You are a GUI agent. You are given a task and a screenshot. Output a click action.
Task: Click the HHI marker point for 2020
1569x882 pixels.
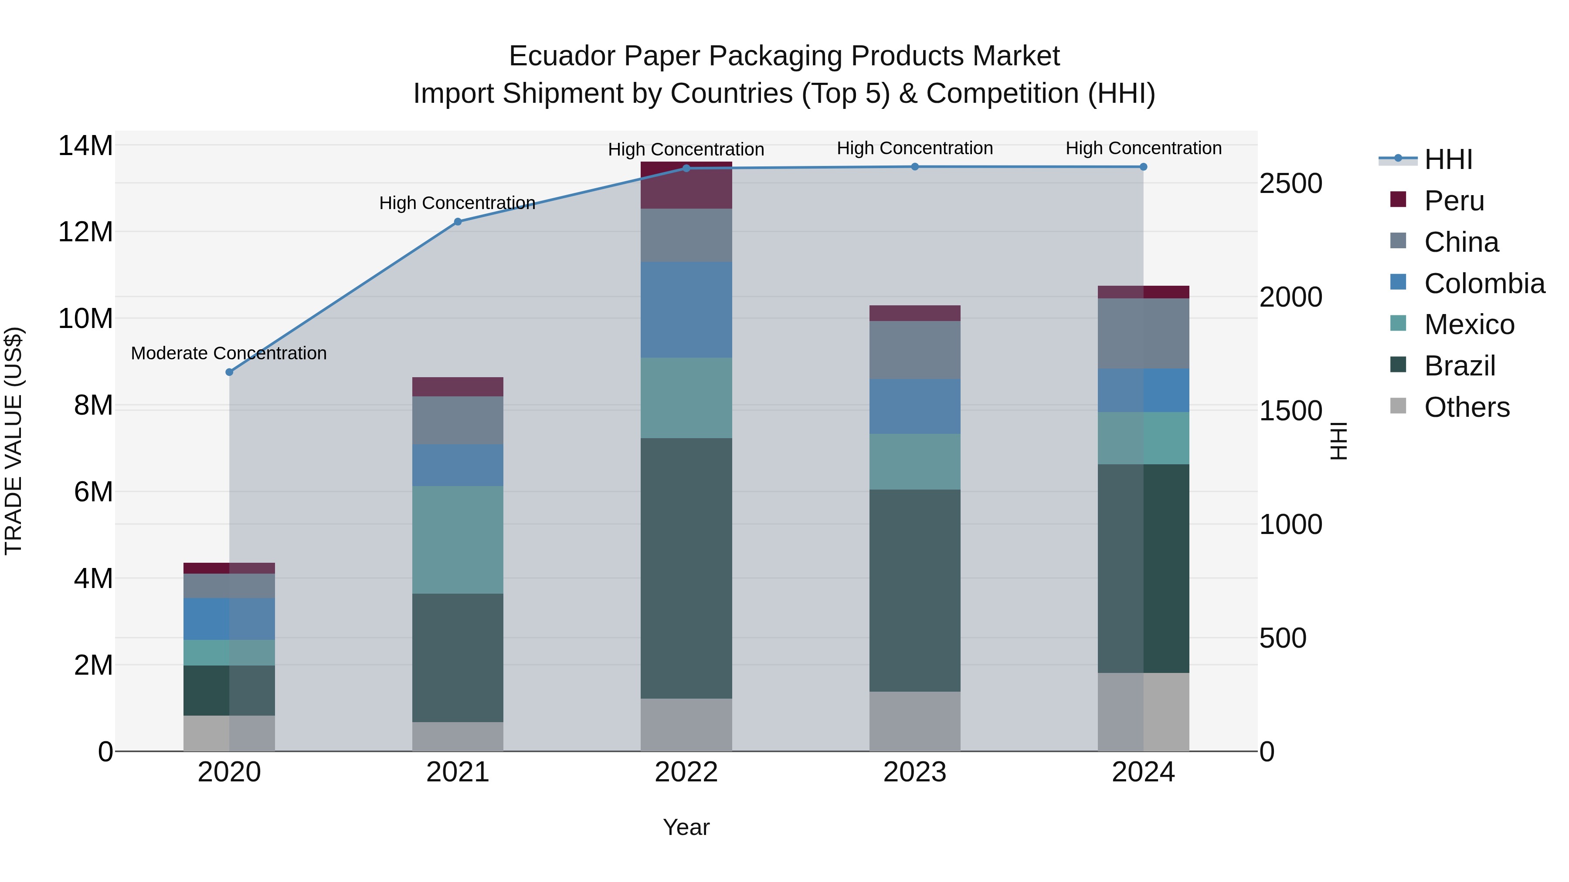(229, 372)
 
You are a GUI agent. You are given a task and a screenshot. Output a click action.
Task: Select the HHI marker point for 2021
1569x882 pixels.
(458, 222)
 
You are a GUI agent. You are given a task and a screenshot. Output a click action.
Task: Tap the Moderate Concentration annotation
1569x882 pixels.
(228, 353)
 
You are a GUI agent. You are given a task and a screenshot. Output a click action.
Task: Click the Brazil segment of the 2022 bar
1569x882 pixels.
(686, 568)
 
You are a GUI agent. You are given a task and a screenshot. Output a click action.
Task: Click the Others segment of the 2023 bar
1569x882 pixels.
(914, 721)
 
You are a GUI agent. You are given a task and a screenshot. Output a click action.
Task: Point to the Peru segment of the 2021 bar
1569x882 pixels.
(458, 386)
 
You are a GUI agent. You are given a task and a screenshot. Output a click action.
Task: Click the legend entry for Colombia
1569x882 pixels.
(1484, 284)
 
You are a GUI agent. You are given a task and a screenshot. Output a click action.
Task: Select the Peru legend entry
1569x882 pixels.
(1454, 201)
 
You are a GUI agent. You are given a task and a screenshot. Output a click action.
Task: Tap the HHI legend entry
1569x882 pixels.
(1448, 159)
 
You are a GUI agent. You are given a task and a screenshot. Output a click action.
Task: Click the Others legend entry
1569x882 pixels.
(1466, 407)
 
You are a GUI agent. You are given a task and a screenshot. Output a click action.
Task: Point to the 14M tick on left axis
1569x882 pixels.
(85, 146)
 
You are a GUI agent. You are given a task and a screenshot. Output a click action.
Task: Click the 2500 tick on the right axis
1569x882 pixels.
(1291, 183)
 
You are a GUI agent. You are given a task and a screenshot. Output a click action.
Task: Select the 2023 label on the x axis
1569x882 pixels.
(914, 772)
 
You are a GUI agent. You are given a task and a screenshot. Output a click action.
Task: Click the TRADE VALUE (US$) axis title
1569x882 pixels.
(14, 441)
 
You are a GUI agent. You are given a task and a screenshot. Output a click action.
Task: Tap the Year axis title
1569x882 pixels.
(686, 827)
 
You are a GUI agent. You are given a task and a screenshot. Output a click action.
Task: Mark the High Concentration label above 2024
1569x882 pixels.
(1143, 148)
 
